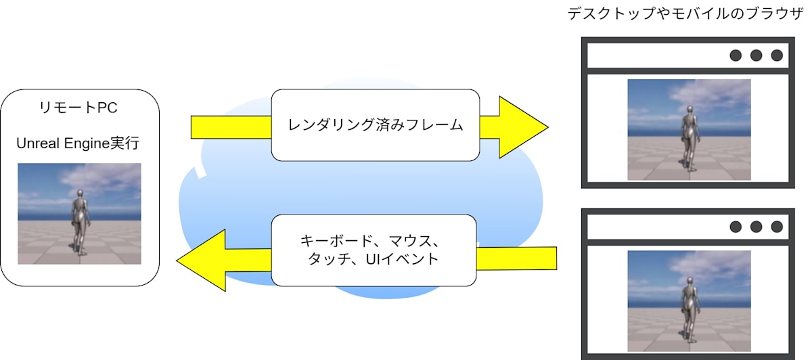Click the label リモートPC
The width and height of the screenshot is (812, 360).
click(x=80, y=108)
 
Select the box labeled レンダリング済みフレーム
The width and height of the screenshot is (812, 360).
click(x=376, y=126)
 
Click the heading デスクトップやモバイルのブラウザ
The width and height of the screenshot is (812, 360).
click(x=686, y=13)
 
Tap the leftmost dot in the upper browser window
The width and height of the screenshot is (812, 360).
click(x=736, y=55)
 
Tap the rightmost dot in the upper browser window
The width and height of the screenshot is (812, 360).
click(x=777, y=55)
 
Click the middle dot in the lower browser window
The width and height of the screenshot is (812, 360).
click(x=757, y=227)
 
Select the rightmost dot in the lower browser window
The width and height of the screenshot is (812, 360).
click(x=777, y=227)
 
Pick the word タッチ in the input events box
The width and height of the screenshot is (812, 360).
click(x=325, y=258)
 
